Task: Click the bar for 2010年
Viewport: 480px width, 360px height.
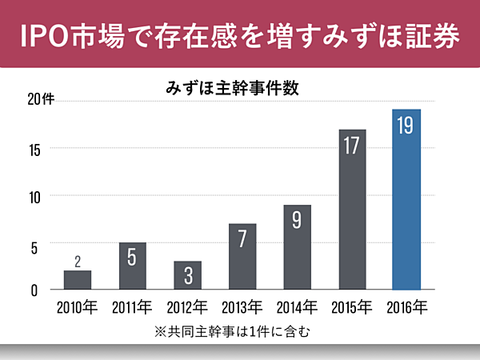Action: (x=78, y=280)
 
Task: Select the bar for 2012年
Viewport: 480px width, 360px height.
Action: (x=187, y=275)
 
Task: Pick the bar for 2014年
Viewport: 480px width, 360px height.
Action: (x=297, y=248)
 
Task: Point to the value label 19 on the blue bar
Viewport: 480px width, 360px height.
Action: (x=406, y=126)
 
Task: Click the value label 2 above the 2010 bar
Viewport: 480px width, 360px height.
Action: (x=78, y=261)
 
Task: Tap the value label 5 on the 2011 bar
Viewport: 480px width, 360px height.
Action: (x=133, y=259)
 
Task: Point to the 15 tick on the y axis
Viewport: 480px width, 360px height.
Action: (x=33, y=149)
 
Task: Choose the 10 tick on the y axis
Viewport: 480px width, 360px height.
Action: (x=33, y=196)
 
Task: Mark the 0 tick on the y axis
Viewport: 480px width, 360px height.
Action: (x=34, y=290)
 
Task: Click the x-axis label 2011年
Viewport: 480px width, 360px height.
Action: (x=133, y=306)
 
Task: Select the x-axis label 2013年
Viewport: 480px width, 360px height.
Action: (x=242, y=306)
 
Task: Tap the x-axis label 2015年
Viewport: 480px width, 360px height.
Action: (x=352, y=306)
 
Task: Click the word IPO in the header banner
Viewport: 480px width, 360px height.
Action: (x=45, y=35)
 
